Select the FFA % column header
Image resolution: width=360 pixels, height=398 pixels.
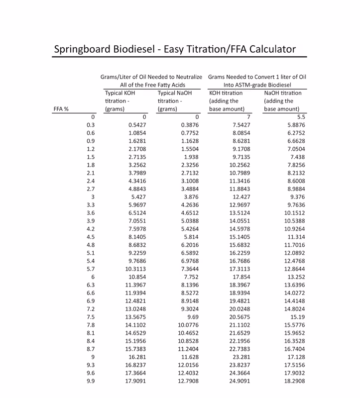click(x=61, y=109)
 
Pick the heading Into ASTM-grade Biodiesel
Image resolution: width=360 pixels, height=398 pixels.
click(x=257, y=85)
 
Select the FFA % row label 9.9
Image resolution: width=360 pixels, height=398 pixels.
click(x=90, y=382)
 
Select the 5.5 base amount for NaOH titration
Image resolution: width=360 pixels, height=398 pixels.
click(x=301, y=117)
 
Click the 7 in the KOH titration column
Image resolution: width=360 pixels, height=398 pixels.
click(x=248, y=117)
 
